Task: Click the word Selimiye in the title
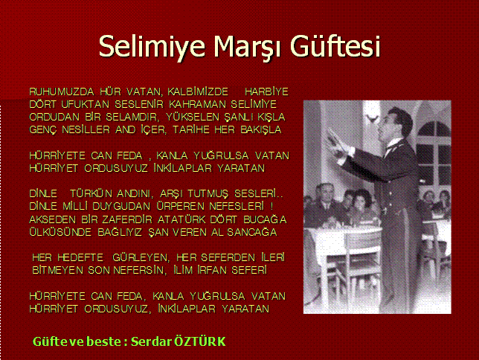point(152,46)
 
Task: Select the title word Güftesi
point(335,46)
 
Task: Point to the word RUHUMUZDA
point(62,91)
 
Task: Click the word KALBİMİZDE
point(198,91)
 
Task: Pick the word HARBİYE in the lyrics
point(267,91)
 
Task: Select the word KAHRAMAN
point(197,105)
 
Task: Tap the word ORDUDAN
point(54,117)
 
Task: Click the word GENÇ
point(43,130)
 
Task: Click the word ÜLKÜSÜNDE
point(60,232)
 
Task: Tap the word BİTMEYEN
point(57,270)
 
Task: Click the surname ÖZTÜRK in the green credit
point(200,341)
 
